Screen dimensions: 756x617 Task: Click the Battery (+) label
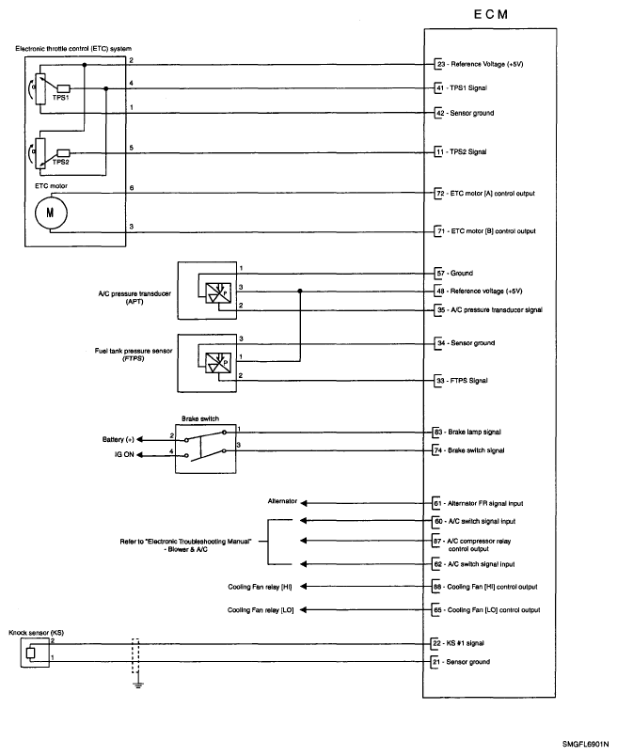click(x=119, y=438)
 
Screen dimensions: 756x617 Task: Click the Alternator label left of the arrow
click(x=282, y=501)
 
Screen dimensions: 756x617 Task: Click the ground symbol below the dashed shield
click(x=137, y=685)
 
